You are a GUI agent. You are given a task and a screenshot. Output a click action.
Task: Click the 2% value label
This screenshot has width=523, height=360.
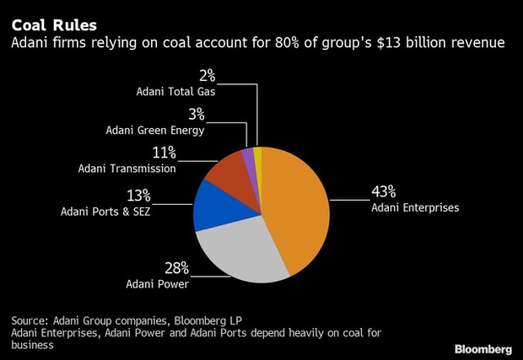tap(206, 76)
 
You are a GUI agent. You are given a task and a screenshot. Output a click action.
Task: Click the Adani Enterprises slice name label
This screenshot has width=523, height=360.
tap(415, 207)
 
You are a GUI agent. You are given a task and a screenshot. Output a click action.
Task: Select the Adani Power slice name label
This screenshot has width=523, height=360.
tap(157, 285)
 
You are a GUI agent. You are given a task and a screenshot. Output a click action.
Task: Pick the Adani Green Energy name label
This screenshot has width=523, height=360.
tap(155, 130)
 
